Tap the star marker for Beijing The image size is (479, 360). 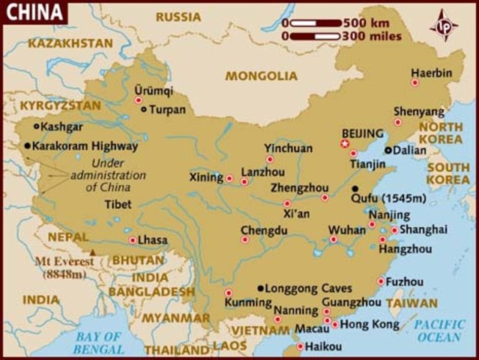click(x=345, y=143)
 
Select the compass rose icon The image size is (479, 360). click(x=444, y=25)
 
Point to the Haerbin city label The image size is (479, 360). click(x=432, y=73)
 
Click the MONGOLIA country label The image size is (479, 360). click(x=262, y=76)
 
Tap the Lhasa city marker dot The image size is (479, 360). click(x=133, y=241)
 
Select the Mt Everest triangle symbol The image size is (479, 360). click(x=93, y=253)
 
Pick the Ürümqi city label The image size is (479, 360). click(x=153, y=91)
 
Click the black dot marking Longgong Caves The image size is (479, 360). click(x=261, y=288)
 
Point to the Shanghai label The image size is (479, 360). click(x=424, y=229)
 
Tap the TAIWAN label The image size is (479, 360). click(x=412, y=304)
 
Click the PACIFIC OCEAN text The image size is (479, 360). click(x=440, y=331)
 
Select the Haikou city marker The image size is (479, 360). click(x=301, y=346)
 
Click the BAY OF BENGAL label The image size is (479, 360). click(x=98, y=343)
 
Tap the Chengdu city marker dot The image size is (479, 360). click(x=245, y=240)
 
